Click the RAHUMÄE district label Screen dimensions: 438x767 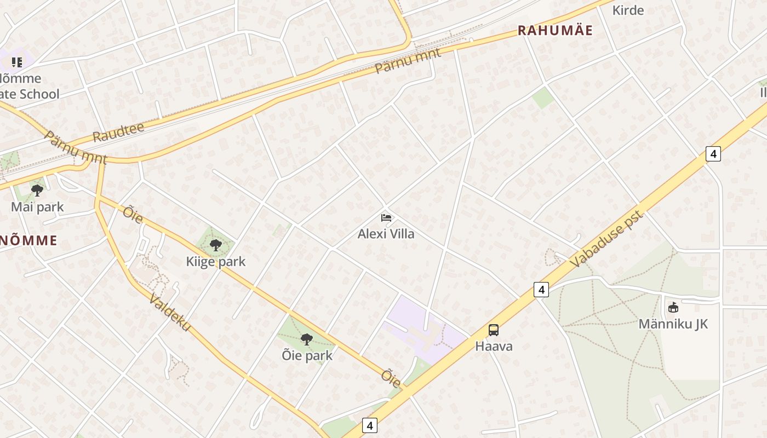(x=555, y=31)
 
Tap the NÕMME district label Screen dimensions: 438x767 (x=28, y=240)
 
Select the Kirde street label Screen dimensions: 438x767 (x=628, y=10)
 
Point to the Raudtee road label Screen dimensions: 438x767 (x=118, y=132)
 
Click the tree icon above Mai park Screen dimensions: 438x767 (x=37, y=191)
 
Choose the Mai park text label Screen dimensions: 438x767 (x=37, y=207)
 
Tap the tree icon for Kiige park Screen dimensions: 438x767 (x=216, y=245)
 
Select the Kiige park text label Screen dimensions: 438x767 (x=216, y=262)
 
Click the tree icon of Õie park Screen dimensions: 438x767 (x=307, y=339)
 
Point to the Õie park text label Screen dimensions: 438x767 (x=307, y=356)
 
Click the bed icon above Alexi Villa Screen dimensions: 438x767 (x=386, y=217)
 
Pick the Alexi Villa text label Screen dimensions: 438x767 (x=386, y=234)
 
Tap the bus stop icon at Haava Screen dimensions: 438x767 (x=494, y=330)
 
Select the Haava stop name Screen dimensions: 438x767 (x=494, y=346)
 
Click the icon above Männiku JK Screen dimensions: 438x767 (x=673, y=307)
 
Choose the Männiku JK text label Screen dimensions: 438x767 (x=673, y=324)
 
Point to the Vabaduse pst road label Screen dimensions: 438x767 (x=606, y=239)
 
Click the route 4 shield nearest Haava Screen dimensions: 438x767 (x=541, y=290)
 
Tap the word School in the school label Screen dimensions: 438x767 (x=38, y=94)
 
